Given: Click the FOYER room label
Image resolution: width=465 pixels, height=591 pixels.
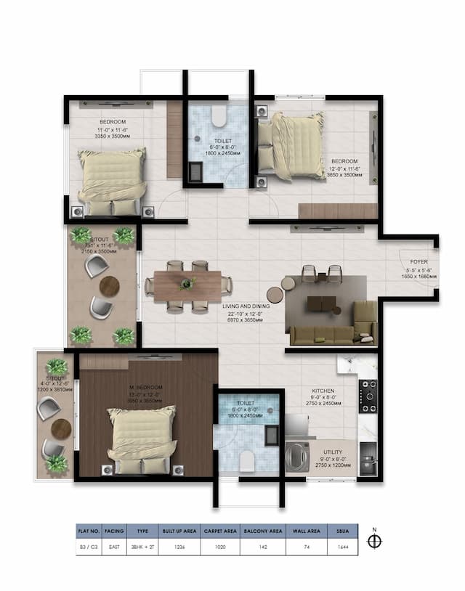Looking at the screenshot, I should coord(418,261).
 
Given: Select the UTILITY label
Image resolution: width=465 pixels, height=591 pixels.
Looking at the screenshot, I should coord(333,451).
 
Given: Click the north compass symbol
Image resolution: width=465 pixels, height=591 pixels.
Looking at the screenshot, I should coord(375,542).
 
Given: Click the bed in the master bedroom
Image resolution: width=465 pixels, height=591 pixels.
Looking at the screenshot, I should coord(142,439).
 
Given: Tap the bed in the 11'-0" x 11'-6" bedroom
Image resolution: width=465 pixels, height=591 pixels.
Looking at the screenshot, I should coord(112,182).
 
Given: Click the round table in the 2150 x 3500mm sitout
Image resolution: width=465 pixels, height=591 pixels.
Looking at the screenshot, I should coord(109,285).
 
